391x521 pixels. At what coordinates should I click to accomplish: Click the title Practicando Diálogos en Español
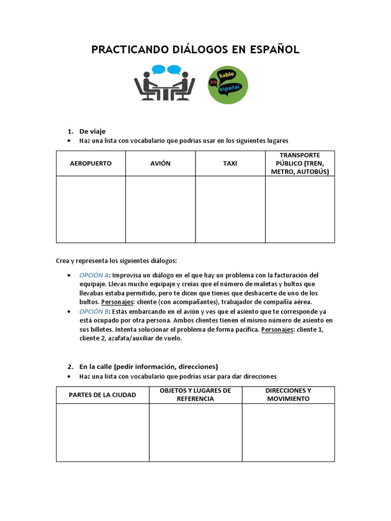pyautogui.click(x=195, y=49)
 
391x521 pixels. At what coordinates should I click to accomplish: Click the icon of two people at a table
pyautogui.click(x=164, y=83)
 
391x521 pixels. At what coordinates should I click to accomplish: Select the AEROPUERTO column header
pyautogui.click(x=91, y=163)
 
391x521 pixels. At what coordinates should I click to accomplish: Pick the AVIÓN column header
pyautogui.click(x=160, y=163)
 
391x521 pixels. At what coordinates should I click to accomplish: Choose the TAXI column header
pyautogui.click(x=230, y=163)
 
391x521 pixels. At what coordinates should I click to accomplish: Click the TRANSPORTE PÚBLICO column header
pyautogui.click(x=300, y=163)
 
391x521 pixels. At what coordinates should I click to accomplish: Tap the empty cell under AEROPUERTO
pyautogui.click(x=91, y=209)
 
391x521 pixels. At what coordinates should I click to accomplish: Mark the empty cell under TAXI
pyautogui.click(x=230, y=209)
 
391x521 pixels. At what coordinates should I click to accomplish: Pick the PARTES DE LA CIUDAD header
pyautogui.click(x=102, y=395)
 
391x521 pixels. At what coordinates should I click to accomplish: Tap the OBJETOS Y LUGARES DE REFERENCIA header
pyautogui.click(x=195, y=395)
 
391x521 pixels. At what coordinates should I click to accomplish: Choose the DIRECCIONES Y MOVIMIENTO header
pyautogui.click(x=288, y=395)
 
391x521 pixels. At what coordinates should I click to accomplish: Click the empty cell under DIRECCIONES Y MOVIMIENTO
pyautogui.click(x=288, y=432)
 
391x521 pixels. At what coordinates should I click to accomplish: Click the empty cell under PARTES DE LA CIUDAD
pyautogui.click(x=102, y=432)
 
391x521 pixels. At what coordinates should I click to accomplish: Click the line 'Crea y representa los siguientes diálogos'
pyautogui.click(x=116, y=260)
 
